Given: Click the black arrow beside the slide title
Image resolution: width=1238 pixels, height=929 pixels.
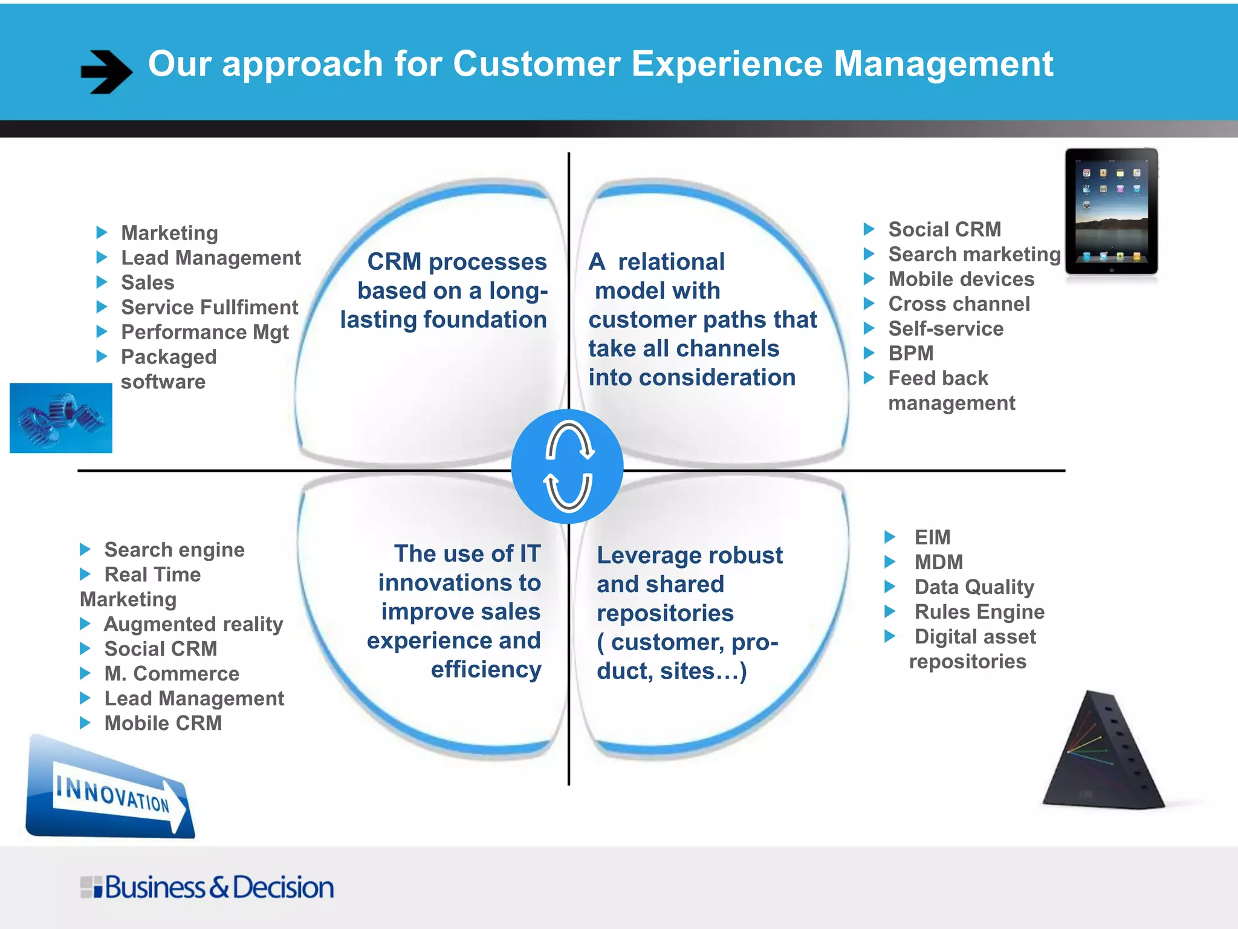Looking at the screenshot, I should point(106,71).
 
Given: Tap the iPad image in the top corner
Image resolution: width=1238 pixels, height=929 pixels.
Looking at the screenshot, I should point(1111,212).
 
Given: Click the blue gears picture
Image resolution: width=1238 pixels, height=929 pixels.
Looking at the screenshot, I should point(61,418).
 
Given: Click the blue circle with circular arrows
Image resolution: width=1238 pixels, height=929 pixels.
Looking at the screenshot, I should point(568,466).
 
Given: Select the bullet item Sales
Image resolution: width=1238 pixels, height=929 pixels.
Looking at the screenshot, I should point(147,282).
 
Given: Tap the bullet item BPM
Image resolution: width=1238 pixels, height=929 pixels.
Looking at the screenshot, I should point(910,353).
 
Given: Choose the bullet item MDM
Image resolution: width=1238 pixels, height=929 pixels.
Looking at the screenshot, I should point(938,562).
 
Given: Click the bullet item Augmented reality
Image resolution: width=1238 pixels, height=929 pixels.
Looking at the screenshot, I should point(193,624).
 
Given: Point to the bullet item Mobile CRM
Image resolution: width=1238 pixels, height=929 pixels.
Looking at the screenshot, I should point(163,723).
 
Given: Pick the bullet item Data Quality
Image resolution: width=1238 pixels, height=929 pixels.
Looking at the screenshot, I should point(974,587).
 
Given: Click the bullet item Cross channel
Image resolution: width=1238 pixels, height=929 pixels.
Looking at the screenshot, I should point(959,304).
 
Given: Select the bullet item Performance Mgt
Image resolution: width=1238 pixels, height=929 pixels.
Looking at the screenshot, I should point(205,332).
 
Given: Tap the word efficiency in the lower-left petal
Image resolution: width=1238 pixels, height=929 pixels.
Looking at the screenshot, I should point(486,670).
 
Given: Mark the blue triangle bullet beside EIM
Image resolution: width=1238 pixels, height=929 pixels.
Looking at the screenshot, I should point(890,536).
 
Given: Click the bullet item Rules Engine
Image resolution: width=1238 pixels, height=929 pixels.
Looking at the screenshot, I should point(979,611).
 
